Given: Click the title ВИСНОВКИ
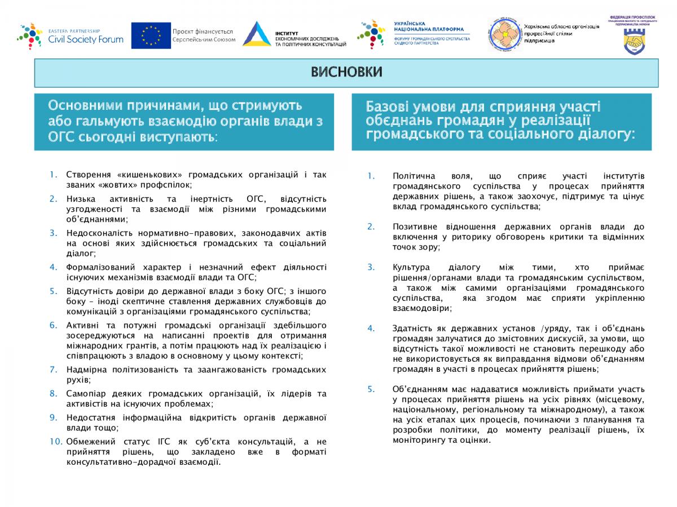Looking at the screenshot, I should (x=346, y=72).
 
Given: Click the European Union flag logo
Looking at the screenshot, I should (x=151, y=35).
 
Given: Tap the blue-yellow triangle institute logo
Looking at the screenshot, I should (x=257, y=34).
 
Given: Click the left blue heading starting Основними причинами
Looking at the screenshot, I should (x=184, y=121).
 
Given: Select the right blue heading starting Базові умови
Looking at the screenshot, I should (x=501, y=121).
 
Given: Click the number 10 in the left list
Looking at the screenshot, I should (x=55, y=441).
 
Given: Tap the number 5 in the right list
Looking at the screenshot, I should (x=371, y=389).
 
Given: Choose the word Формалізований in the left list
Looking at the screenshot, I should (x=100, y=267).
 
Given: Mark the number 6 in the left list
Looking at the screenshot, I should (x=53, y=324).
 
